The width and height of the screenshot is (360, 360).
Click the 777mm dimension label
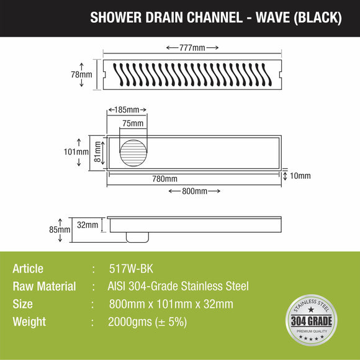(192, 48)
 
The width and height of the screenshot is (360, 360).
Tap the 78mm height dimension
(81, 74)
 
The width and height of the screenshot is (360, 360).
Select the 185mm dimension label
(128, 110)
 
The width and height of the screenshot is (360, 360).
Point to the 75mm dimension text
(132, 123)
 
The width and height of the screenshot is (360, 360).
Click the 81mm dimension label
(98, 151)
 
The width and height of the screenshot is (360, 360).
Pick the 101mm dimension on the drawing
(77, 151)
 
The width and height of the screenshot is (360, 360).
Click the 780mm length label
(165, 179)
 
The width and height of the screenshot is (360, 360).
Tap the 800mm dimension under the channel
(194, 191)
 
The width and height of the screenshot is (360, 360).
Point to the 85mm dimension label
(60, 230)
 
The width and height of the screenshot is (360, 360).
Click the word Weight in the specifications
(29, 322)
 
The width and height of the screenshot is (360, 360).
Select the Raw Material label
(44, 286)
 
